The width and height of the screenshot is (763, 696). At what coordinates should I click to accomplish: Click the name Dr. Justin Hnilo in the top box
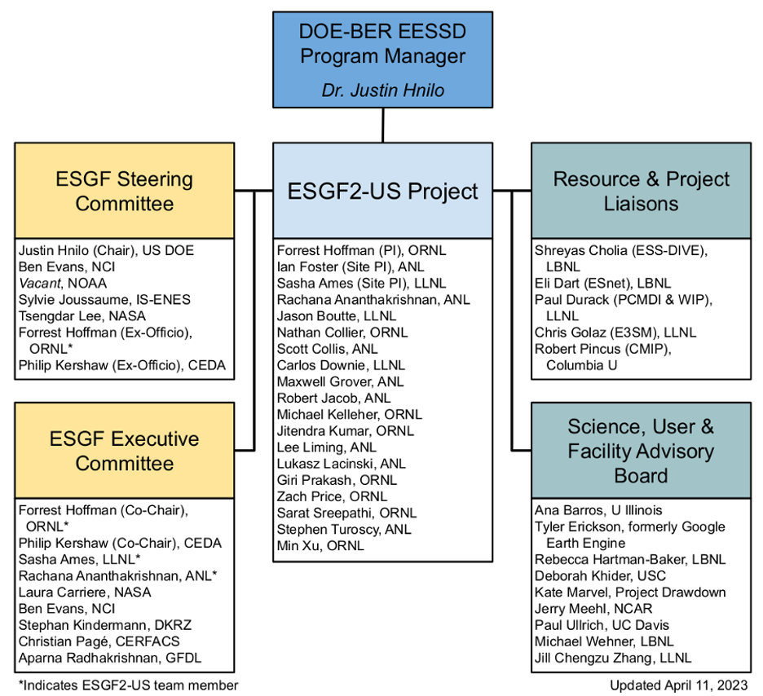382,90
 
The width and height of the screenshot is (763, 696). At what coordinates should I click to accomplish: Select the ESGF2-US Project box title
382,192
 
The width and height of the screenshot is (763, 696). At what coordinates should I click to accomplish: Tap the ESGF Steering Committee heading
124,191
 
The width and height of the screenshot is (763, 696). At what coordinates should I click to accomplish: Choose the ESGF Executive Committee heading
124,451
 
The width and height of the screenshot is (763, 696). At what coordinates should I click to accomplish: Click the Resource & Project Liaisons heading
641,191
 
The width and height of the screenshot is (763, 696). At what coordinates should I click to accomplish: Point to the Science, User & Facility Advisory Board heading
641,451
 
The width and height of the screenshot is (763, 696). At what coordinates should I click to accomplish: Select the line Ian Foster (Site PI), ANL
351,267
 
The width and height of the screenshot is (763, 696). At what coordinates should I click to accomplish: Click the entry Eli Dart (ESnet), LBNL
602,283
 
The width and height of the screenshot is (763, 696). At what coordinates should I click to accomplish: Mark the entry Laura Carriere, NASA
85,592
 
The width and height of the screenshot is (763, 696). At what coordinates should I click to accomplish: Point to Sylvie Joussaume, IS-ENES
104,299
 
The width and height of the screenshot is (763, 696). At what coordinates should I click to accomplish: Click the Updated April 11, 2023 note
678,685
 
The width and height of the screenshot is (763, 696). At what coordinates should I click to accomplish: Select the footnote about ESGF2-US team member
128,685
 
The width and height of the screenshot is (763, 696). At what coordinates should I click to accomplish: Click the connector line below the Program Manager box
382,125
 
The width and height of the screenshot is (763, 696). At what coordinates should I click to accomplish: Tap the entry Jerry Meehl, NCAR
593,608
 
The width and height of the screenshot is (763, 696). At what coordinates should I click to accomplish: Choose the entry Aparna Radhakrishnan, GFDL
110,657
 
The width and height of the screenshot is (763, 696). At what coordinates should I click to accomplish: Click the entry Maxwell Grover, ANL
340,381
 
